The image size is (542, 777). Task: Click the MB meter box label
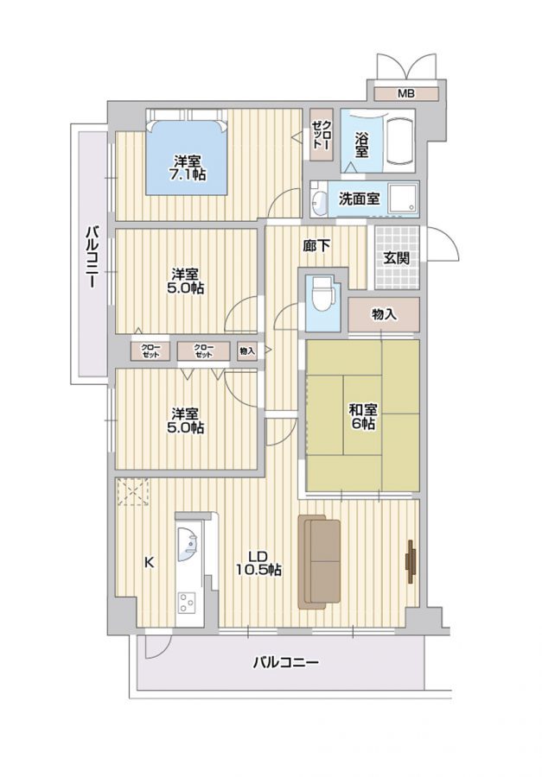[x=406, y=93]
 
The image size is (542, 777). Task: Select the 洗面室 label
[x=360, y=199]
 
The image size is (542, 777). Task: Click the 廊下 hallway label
[x=316, y=245]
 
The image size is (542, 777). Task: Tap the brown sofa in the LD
[x=319, y=561]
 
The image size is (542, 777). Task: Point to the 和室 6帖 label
[x=363, y=417]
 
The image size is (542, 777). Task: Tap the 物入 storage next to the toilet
[x=384, y=314]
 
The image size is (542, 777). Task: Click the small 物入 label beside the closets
[x=247, y=351]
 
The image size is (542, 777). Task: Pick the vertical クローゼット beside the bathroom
[x=321, y=135]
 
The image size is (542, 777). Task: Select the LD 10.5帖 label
[x=258, y=563]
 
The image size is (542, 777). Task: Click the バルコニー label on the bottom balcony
[x=285, y=662]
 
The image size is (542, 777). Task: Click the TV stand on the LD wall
[x=411, y=561]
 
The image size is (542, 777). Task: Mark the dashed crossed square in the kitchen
[x=132, y=491]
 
